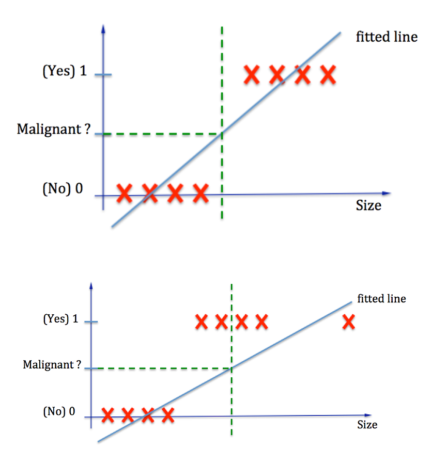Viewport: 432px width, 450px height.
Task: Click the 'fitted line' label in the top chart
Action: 387,37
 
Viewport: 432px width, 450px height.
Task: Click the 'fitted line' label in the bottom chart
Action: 381,299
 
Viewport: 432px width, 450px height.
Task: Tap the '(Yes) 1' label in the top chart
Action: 65,71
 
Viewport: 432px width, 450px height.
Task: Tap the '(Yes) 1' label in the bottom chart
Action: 60,319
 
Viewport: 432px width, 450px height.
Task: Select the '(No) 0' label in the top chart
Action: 63,188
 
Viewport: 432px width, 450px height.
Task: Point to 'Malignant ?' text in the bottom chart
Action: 52,365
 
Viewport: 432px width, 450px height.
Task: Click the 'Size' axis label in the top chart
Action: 368,205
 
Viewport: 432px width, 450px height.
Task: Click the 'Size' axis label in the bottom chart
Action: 367,425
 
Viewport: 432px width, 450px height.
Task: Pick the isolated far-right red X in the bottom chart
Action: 349,323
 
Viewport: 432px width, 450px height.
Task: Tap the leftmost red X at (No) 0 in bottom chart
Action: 107,414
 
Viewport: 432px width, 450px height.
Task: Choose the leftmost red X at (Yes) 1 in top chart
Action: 252,75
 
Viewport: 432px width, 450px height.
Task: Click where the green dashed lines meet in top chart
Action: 222,134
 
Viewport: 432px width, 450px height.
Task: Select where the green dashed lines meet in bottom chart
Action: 232,368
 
